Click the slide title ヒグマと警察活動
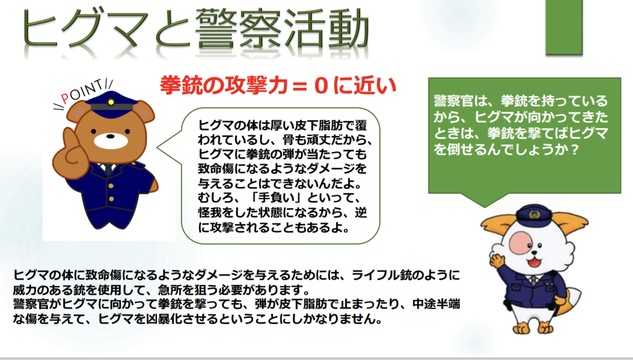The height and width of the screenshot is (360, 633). (x=195, y=29)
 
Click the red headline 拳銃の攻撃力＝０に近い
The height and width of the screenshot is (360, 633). (x=278, y=85)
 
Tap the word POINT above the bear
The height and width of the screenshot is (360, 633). (x=82, y=92)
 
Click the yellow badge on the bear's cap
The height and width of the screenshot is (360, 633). (x=111, y=102)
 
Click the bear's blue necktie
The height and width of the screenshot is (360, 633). (x=108, y=169)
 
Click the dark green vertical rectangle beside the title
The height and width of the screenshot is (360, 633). (x=564, y=27)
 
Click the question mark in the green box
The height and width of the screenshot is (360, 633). (x=575, y=150)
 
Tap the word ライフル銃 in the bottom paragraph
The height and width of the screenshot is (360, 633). (x=388, y=275)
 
